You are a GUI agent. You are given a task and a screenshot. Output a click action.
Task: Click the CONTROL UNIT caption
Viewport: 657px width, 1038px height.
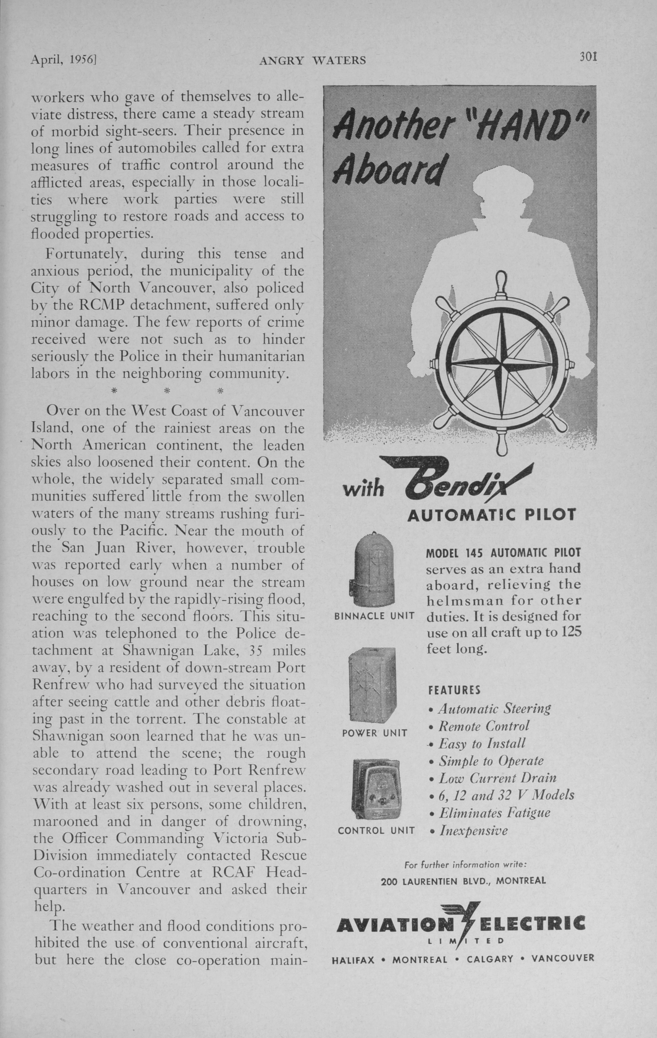pyautogui.click(x=376, y=830)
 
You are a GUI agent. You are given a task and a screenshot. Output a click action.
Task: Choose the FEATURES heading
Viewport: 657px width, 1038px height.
pyautogui.click(x=454, y=690)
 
